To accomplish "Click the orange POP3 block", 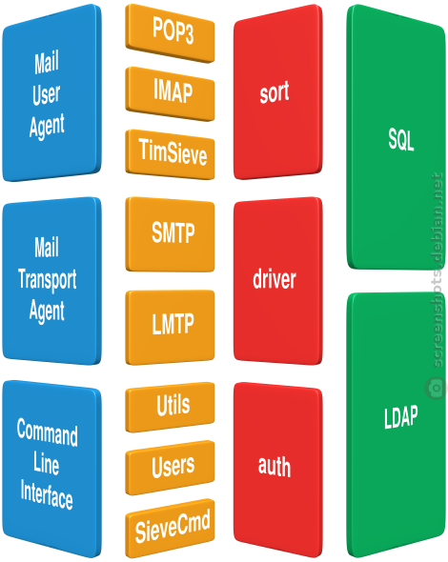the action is click(x=170, y=32).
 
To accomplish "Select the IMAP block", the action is click(x=170, y=93).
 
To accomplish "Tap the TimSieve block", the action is click(x=170, y=154).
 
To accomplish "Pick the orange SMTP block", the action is click(x=170, y=234).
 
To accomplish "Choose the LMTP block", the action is click(x=170, y=327).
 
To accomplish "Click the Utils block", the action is click(x=170, y=407).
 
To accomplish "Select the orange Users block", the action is click(x=170, y=468).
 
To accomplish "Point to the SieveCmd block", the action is click(x=170, y=529).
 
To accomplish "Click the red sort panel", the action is click(x=277, y=92).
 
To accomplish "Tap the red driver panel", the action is click(x=277, y=281).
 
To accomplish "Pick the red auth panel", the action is click(x=277, y=470).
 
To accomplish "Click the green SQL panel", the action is click(x=396, y=138).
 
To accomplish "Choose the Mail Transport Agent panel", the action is click(x=51, y=281).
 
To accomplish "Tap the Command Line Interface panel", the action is click(x=51, y=469).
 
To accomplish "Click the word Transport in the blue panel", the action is click(x=48, y=279).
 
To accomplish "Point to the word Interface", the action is click(x=47, y=494).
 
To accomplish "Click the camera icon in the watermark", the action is click(x=436, y=389).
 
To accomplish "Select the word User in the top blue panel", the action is click(x=47, y=94).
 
